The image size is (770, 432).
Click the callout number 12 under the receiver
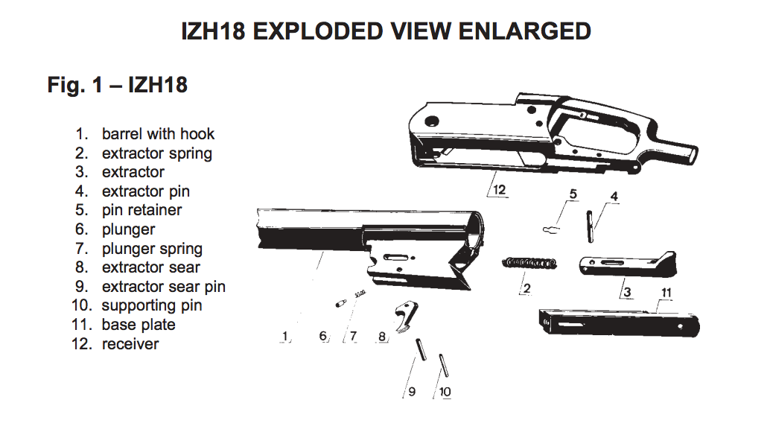[499, 190]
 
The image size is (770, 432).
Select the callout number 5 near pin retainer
[573, 194]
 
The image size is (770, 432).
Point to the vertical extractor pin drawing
[591, 224]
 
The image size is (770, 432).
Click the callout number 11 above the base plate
[666, 293]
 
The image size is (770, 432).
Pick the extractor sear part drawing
[405, 314]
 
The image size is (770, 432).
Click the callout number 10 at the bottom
[445, 392]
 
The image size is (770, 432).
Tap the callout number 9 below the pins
[411, 392]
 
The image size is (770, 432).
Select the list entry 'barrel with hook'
[158, 134]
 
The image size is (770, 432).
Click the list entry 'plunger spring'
[152, 249]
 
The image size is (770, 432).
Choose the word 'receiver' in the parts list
[130, 344]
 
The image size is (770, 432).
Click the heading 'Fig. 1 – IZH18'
[118, 85]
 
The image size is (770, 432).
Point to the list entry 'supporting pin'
[152, 305]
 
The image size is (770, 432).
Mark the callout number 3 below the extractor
[628, 292]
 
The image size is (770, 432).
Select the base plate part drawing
[618, 322]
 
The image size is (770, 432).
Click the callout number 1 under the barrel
[284, 337]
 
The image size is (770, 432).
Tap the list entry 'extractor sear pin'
[163, 287]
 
